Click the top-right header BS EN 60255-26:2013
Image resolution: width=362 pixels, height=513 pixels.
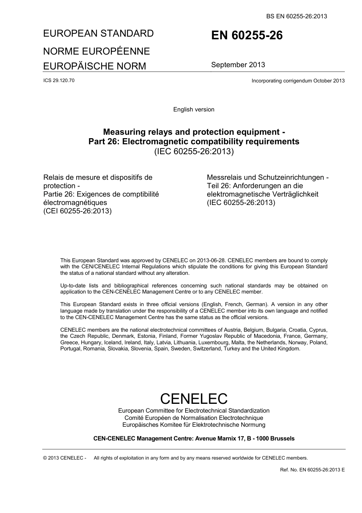click(x=296, y=16)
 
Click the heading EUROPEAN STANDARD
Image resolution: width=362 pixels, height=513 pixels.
click(x=98, y=34)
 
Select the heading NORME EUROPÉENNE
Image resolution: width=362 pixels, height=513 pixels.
click(x=96, y=51)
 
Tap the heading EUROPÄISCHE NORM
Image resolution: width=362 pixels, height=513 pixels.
click(x=95, y=66)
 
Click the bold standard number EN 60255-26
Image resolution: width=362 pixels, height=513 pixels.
click(x=247, y=35)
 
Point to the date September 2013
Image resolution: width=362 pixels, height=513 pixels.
click(x=238, y=65)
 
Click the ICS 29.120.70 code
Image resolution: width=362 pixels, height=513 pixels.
click(x=59, y=80)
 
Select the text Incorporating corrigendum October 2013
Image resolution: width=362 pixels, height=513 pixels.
click(x=298, y=81)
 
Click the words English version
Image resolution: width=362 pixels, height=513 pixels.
click(x=194, y=110)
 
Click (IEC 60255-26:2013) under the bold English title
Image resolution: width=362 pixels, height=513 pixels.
click(x=194, y=151)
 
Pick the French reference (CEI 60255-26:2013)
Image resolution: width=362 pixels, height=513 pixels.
click(x=77, y=211)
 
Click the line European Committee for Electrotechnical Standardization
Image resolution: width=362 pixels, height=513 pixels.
click(x=194, y=411)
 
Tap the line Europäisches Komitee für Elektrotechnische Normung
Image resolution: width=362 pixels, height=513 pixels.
click(x=194, y=424)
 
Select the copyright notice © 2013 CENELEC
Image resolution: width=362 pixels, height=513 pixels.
click(x=64, y=458)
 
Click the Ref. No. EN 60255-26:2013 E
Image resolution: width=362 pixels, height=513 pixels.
click(x=312, y=469)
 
